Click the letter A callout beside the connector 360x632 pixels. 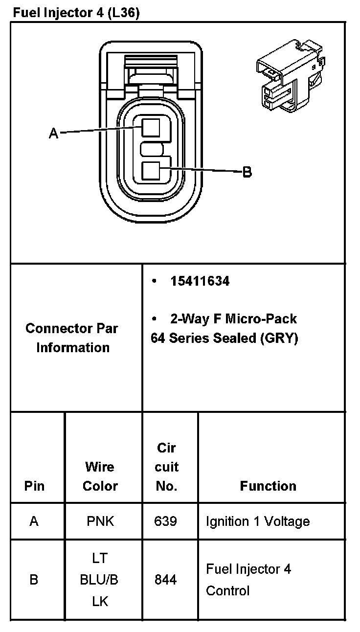tap(54, 133)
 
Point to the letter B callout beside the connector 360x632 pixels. tap(247, 172)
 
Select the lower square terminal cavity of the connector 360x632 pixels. tap(151, 171)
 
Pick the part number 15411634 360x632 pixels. tap(200, 281)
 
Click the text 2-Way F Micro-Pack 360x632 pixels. tap(233, 319)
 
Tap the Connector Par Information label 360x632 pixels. tap(72, 338)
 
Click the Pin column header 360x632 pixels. tap(34, 486)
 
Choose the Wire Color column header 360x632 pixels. tap(100, 476)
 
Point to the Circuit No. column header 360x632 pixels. tap(166, 467)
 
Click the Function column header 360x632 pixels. tap(268, 486)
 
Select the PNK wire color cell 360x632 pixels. tap(100, 521)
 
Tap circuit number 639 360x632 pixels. tap(165, 521)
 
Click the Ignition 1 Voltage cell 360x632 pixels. tap(258, 521)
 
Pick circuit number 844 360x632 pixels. tap(165, 580)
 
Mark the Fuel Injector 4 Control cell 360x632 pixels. tap(248, 580)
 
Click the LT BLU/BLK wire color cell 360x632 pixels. tap(100, 580)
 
